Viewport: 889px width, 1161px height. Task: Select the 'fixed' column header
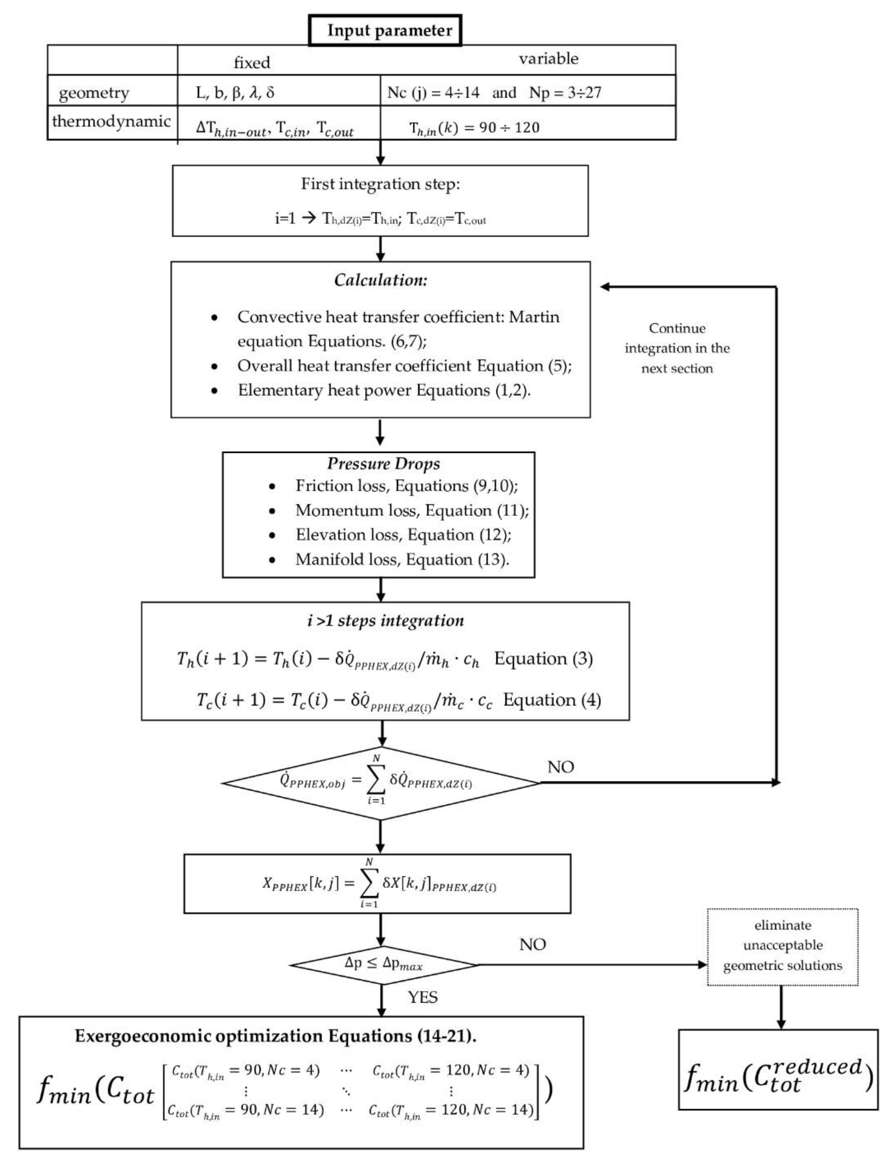point(252,62)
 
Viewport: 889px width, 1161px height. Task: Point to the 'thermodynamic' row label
point(111,121)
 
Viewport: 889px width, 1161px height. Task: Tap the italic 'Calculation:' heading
point(380,280)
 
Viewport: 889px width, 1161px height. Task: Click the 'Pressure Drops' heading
point(383,463)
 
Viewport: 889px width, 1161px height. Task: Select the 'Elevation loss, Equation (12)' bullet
point(403,535)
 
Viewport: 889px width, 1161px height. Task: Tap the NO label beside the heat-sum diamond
point(560,767)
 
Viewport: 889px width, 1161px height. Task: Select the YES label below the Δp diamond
point(422,997)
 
